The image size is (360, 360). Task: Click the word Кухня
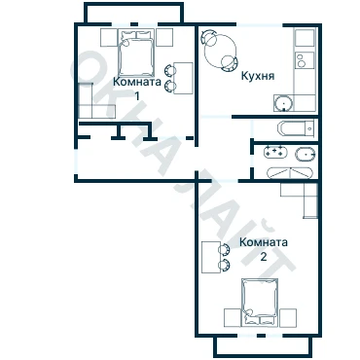pyautogui.click(x=258, y=76)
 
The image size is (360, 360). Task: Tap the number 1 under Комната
pyautogui.click(x=137, y=96)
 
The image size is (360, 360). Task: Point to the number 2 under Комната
pyautogui.click(x=264, y=257)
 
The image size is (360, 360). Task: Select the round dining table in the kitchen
pyautogui.click(x=220, y=51)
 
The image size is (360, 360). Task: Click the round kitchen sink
pyautogui.click(x=284, y=103)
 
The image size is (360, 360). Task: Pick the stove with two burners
pyautogui.click(x=305, y=60)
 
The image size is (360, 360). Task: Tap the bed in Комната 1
pyautogui.click(x=136, y=54)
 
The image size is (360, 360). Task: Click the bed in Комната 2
pyautogui.click(x=260, y=302)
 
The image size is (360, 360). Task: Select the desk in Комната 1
pyautogui.click(x=183, y=78)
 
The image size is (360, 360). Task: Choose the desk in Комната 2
pyautogui.click(x=211, y=257)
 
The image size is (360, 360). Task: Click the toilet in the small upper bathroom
pyautogui.click(x=296, y=128)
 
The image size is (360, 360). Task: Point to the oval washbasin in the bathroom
pyautogui.click(x=306, y=154)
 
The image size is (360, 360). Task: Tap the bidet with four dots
pyautogui.click(x=275, y=152)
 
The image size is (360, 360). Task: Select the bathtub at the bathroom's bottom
pyautogui.click(x=290, y=173)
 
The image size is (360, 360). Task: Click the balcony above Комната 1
pyautogui.click(x=134, y=13)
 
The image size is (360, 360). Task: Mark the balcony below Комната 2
pyautogui.click(x=263, y=346)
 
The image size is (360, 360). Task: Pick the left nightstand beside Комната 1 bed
pyautogui.click(x=109, y=37)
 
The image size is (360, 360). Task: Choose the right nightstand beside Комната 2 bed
pyautogui.click(x=288, y=317)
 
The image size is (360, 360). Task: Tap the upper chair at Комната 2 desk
pyautogui.click(x=225, y=250)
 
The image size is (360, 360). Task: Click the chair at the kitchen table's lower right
pyautogui.click(x=230, y=63)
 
